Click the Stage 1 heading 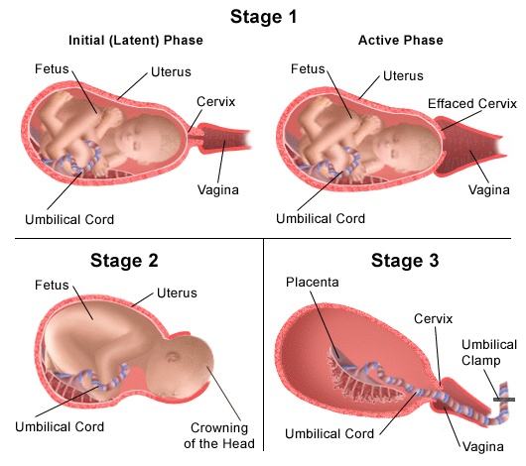(x=263, y=16)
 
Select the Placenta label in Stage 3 (x=312, y=282)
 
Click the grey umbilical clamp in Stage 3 (x=504, y=399)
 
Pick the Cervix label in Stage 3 (x=433, y=319)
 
